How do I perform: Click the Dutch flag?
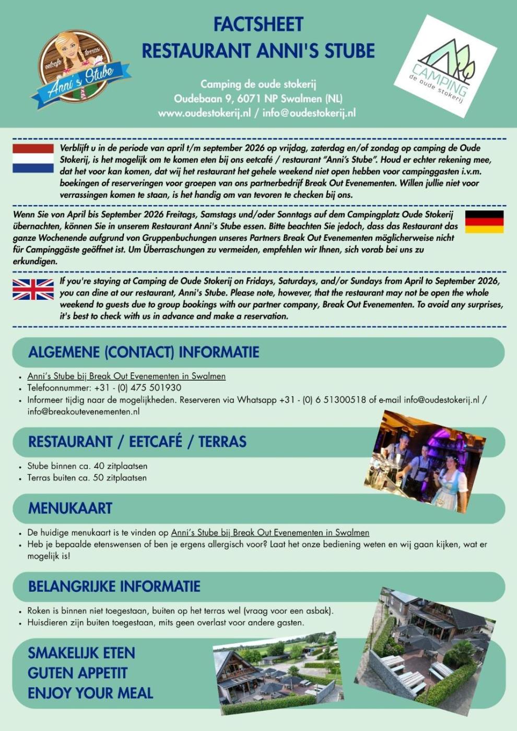[x=33, y=158]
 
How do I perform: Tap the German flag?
[x=484, y=222]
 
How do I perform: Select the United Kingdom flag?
[x=33, y=289]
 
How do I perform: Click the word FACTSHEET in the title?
[x=258, y=25]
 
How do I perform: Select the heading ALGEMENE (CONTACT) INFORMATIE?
[x=144, y=352]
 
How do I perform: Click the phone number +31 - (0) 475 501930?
[x=138, y=387]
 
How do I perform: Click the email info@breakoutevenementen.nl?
[x=84, y=411]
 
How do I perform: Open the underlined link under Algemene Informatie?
[x=126, y=376]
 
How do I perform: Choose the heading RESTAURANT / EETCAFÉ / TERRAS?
[x=137, y=442]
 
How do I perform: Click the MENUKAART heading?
[x=70, y=508]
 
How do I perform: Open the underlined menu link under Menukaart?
[x=270, y=533]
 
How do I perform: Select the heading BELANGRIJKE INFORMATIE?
[x=114, y=586]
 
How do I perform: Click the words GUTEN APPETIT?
[x=77, y=673]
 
